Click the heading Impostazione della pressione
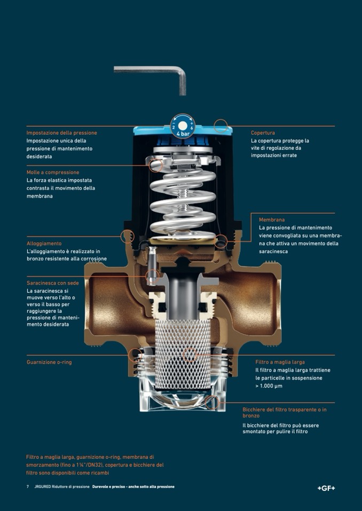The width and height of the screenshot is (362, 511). [x=62, y=133]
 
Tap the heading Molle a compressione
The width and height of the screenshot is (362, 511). [x=53, y=172]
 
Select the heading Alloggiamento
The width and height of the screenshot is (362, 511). [x=44, y=244]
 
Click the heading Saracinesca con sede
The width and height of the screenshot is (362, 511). [x=52, y=283]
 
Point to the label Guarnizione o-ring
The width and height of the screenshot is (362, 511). [x=49, y=362]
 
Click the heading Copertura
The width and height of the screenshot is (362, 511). [x=263, y=133]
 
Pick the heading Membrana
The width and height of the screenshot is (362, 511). [x=272, y=220]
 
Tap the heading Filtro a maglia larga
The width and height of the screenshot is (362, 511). [x=280, y=362]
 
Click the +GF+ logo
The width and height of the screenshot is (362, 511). [x=326, y=488]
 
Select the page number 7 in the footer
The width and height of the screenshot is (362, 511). [x=28, y=486]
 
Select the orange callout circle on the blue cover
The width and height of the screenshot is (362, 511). [x=221, y=126]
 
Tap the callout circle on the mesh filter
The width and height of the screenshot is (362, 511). [x=189, y=355]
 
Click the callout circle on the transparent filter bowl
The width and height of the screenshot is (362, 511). [x=212, y=402]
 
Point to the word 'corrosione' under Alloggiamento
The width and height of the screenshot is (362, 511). [x=90, y=259]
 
